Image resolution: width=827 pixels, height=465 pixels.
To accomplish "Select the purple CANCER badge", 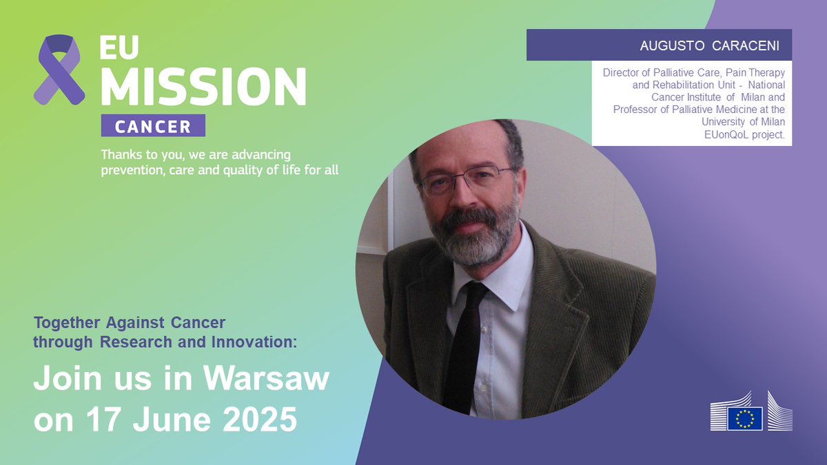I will click(x=153, y=126).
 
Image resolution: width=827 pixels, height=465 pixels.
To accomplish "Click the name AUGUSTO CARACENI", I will click(x=710, y=46).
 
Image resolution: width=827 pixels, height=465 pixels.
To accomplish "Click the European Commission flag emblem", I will click(x=744, y=417).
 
